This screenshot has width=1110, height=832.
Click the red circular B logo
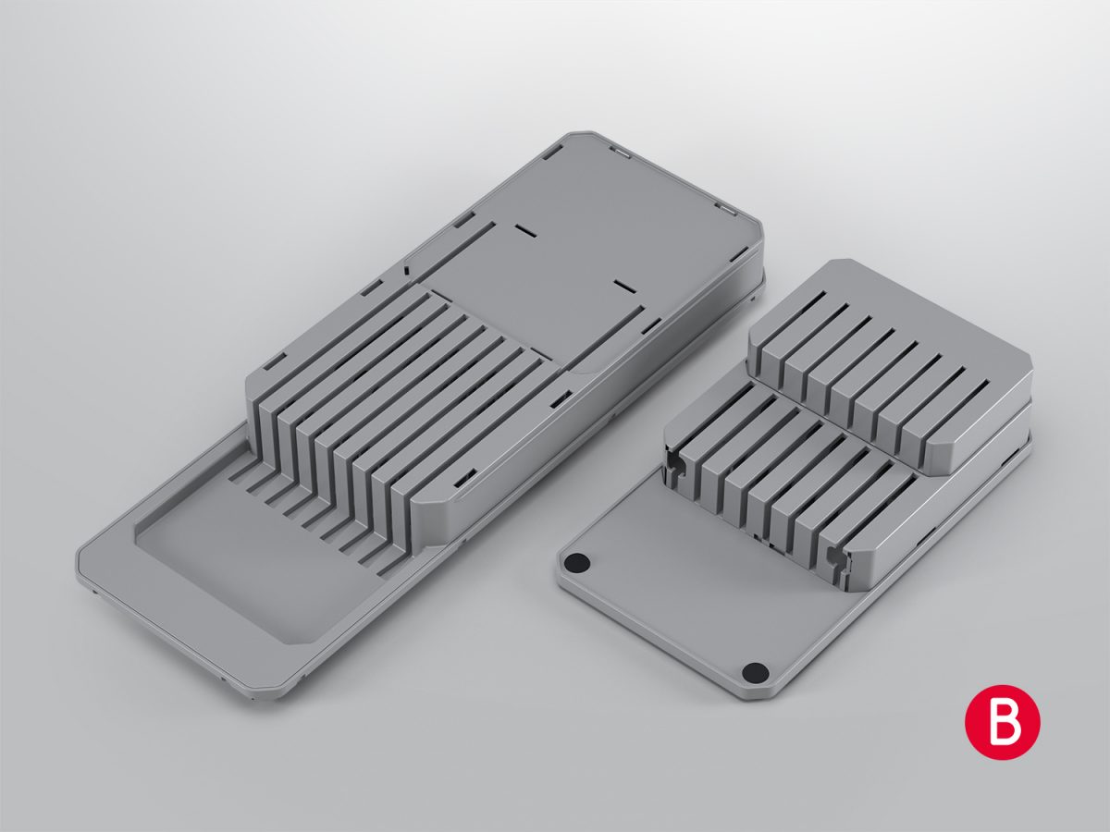[x=1002, y=722]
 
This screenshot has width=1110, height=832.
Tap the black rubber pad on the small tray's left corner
[x=578, y=562]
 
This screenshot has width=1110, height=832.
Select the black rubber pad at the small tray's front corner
[x=755, y=672]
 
